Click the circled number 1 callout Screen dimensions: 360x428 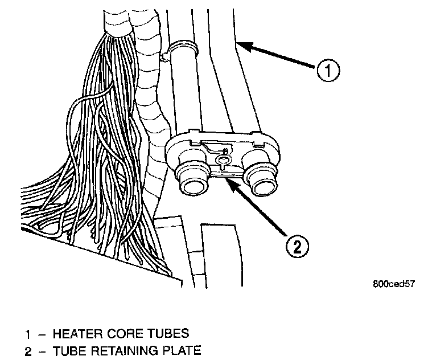(328, 72)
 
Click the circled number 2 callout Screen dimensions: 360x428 (297, 247)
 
